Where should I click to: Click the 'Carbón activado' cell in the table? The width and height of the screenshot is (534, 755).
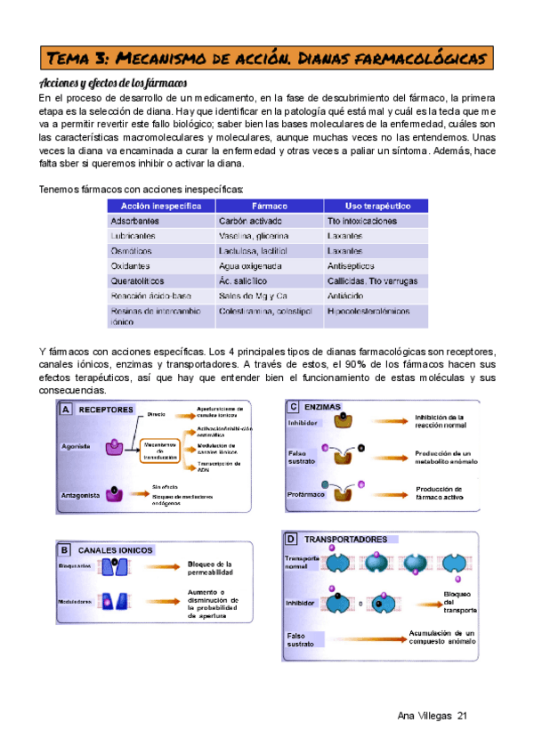(250, 221)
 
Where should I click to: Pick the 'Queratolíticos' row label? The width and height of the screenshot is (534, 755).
(140, 280)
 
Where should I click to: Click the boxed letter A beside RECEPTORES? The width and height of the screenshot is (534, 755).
(66, 410)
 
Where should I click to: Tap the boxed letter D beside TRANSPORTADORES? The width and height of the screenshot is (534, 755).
(291, 540)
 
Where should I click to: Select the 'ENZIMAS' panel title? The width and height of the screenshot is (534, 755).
(322, 407)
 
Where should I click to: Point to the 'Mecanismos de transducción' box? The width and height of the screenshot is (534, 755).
(160, 449)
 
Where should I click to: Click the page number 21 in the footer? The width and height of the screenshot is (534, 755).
(461, 717)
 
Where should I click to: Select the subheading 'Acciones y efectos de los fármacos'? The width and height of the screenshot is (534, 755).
(110, 83)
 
